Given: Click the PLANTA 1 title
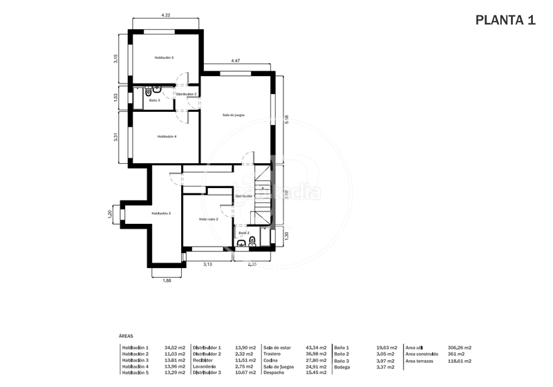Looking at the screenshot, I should (x=505, y=19).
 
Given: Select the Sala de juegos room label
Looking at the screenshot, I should (x=234, y=115).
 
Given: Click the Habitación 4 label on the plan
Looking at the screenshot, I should (x=167, y=136).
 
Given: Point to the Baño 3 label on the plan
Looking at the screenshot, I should (x=154, y=100).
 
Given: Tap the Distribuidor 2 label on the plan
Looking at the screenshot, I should (x=186, y=93).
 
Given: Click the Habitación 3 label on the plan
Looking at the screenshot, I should (x=160, y=214).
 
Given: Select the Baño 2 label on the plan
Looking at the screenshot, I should (x=243, y=233).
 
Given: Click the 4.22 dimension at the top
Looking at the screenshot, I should (x=166, y=15).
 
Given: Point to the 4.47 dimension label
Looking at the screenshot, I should (x=236, y=61).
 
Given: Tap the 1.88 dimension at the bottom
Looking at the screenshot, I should (x=167, y=280).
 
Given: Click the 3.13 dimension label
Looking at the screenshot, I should (x=207, y=264).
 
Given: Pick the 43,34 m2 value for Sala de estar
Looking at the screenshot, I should (x=315, y=348).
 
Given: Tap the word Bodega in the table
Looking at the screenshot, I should (x=343, y=367).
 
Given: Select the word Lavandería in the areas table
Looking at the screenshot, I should (x=205, y=366).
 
